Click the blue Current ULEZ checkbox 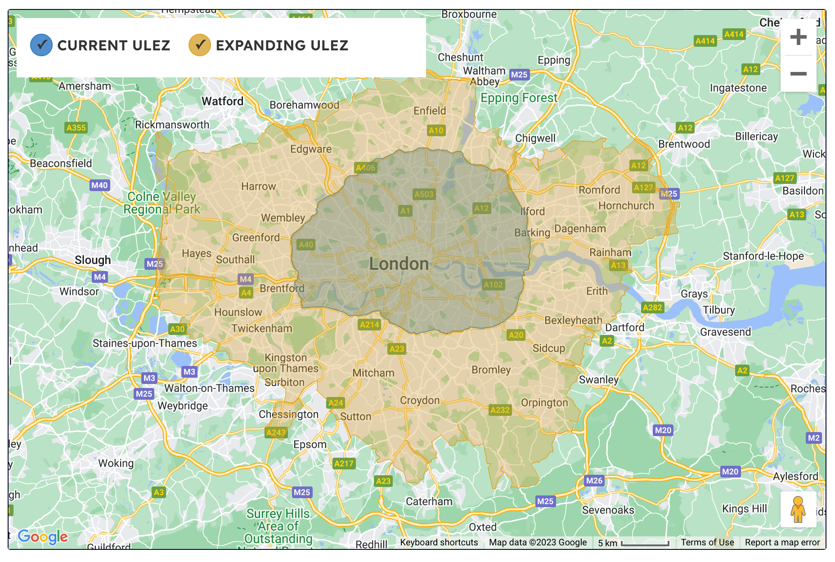[x=41, y=45]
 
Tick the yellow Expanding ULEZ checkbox [x=200, y=45]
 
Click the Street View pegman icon [x=798, y=509]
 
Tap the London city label [x=399, y=264]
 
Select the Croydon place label [x=420, y=400]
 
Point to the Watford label [x=222, y=101]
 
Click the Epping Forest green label [x=519, y=98]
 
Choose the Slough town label [x=93, y=260]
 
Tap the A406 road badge [x=365, y=168]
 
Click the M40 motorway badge [x=99, y=185]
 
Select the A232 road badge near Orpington [x=500, y=410]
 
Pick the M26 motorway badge [x=594, y=480]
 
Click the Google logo [x=43, y=536]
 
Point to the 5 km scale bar [x=645, y=543]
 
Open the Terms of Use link [x=707, y=542]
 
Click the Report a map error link [x=782, y=542]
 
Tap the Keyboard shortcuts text [x=439, y=542]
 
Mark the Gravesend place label [x=725, y=332]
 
